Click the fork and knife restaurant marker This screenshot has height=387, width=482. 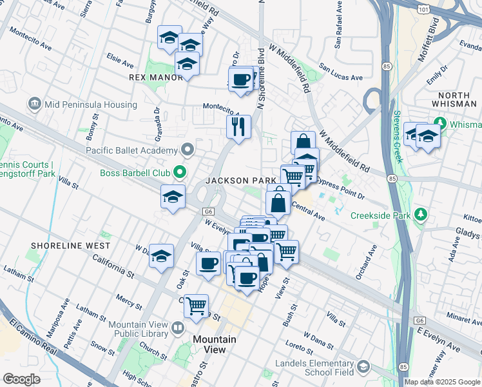point(238,128)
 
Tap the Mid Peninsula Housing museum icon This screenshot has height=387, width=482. point(34,104)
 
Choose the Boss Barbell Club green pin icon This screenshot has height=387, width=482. point(180,173)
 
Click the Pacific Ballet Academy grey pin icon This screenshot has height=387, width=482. point(188,150)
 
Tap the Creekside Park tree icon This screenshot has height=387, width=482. point(421,214)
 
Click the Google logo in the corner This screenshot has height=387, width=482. point(21,379)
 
